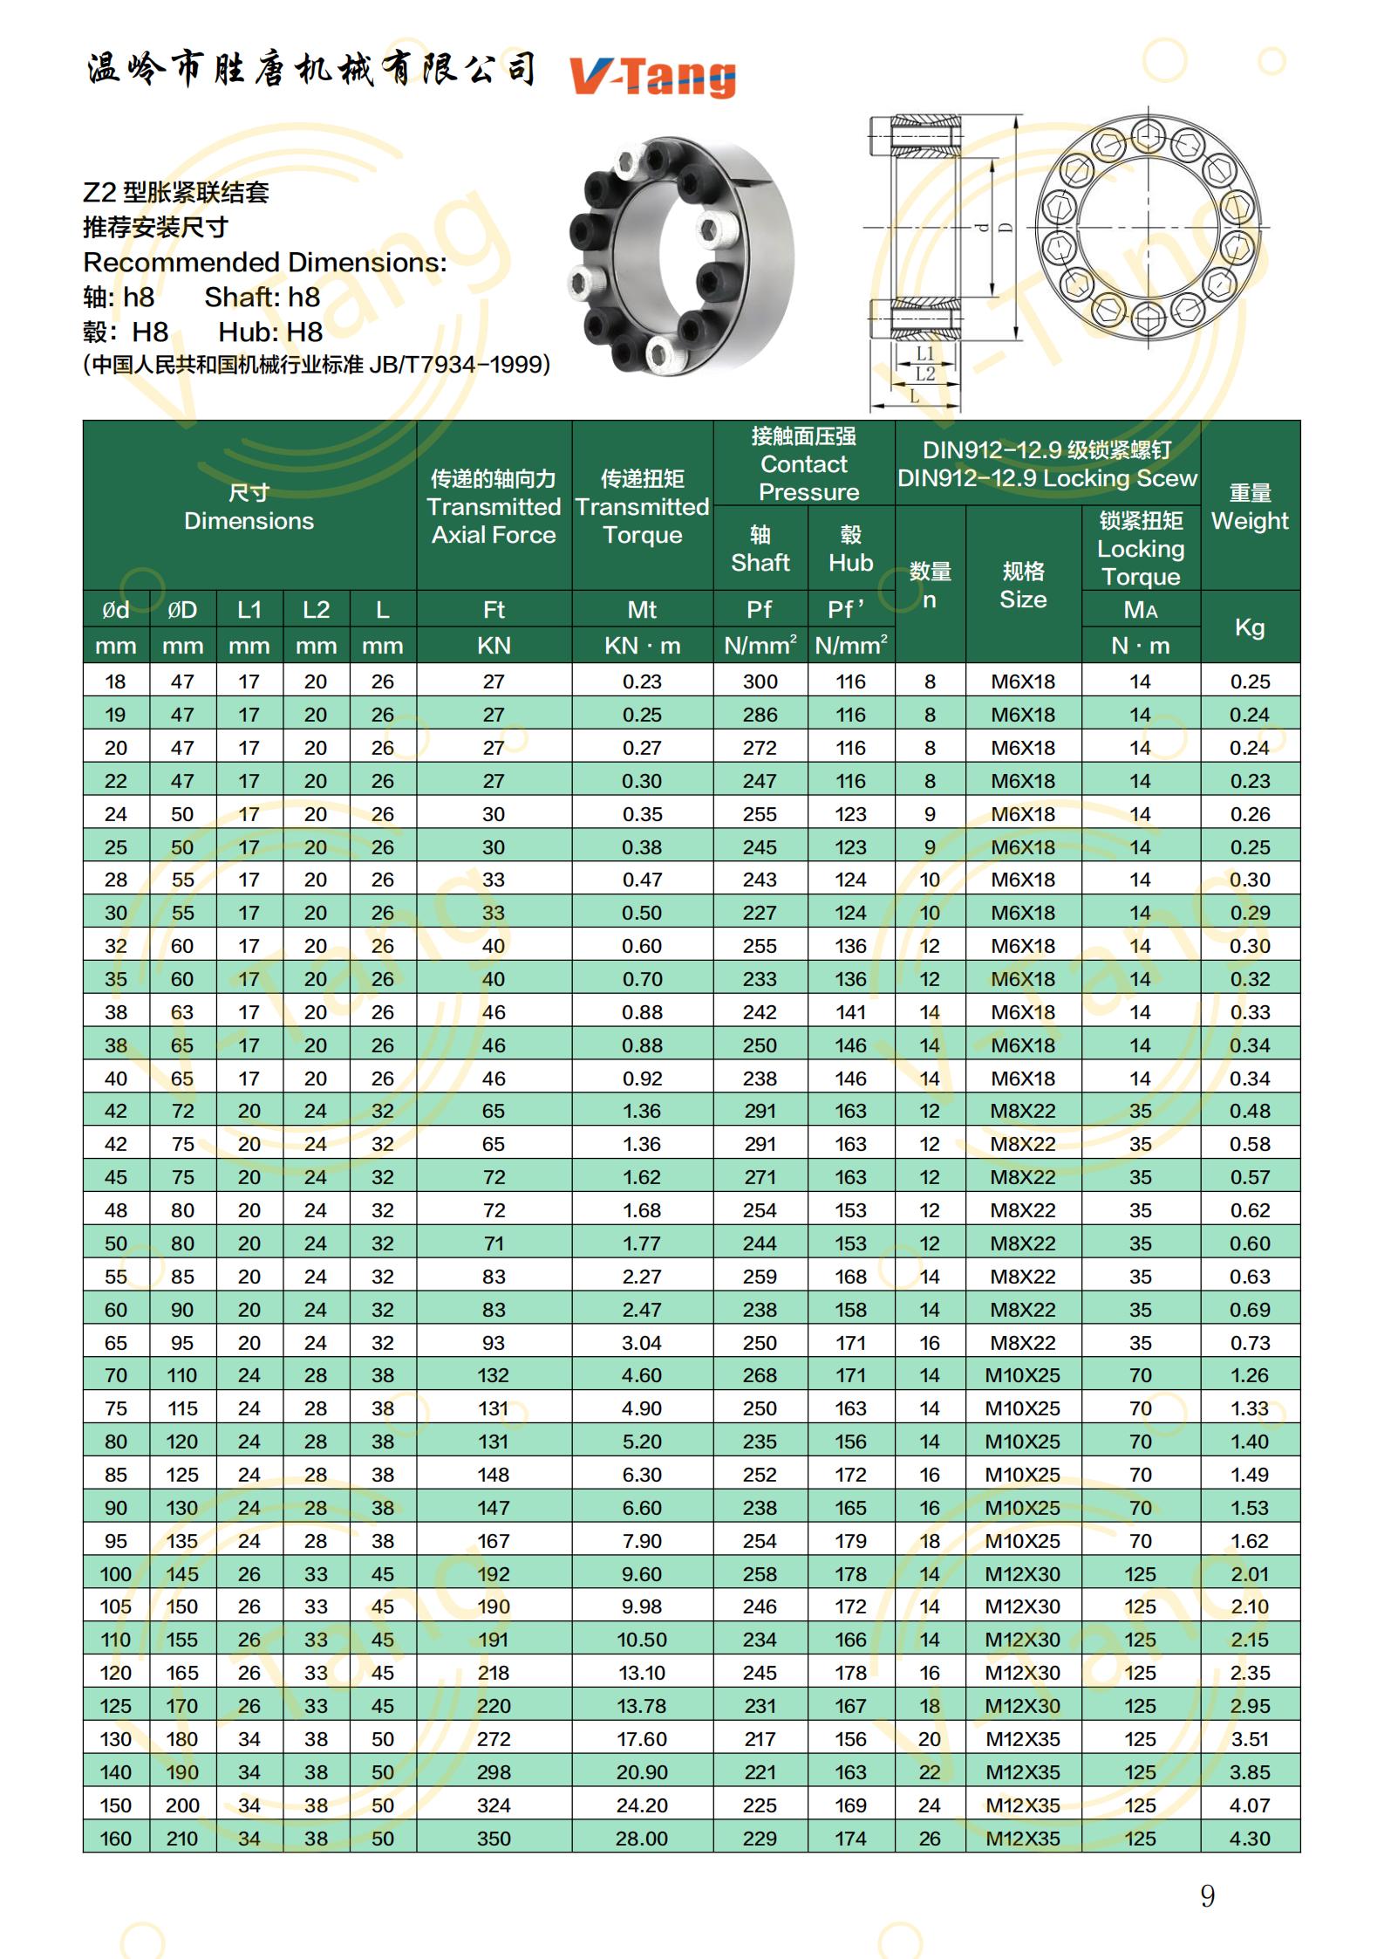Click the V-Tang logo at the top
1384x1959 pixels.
point(652,77)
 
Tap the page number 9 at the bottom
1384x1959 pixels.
point(1207,1895)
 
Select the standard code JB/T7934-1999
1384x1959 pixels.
point(459,364)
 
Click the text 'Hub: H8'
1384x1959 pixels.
point(270,332)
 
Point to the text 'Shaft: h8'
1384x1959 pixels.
point(262,297)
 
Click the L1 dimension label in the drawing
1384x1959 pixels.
point(925,353)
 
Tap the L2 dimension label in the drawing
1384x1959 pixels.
point(925,373)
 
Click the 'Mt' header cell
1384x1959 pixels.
point(642,609)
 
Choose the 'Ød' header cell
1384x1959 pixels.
point(116,609)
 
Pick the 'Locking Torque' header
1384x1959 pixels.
point(1141,549)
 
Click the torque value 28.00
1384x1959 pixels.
point(642,1839)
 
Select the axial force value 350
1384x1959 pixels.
point(494,1839)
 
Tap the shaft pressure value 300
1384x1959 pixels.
point(760,682)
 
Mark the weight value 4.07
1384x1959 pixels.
point(1250,1805)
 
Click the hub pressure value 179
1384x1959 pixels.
point(850,1541)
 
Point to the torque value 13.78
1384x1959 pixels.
point(642,1706)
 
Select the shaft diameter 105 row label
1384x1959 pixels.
point(116,1606)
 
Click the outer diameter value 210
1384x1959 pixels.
point(182,1839)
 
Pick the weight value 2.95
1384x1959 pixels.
point(1250,1706)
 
